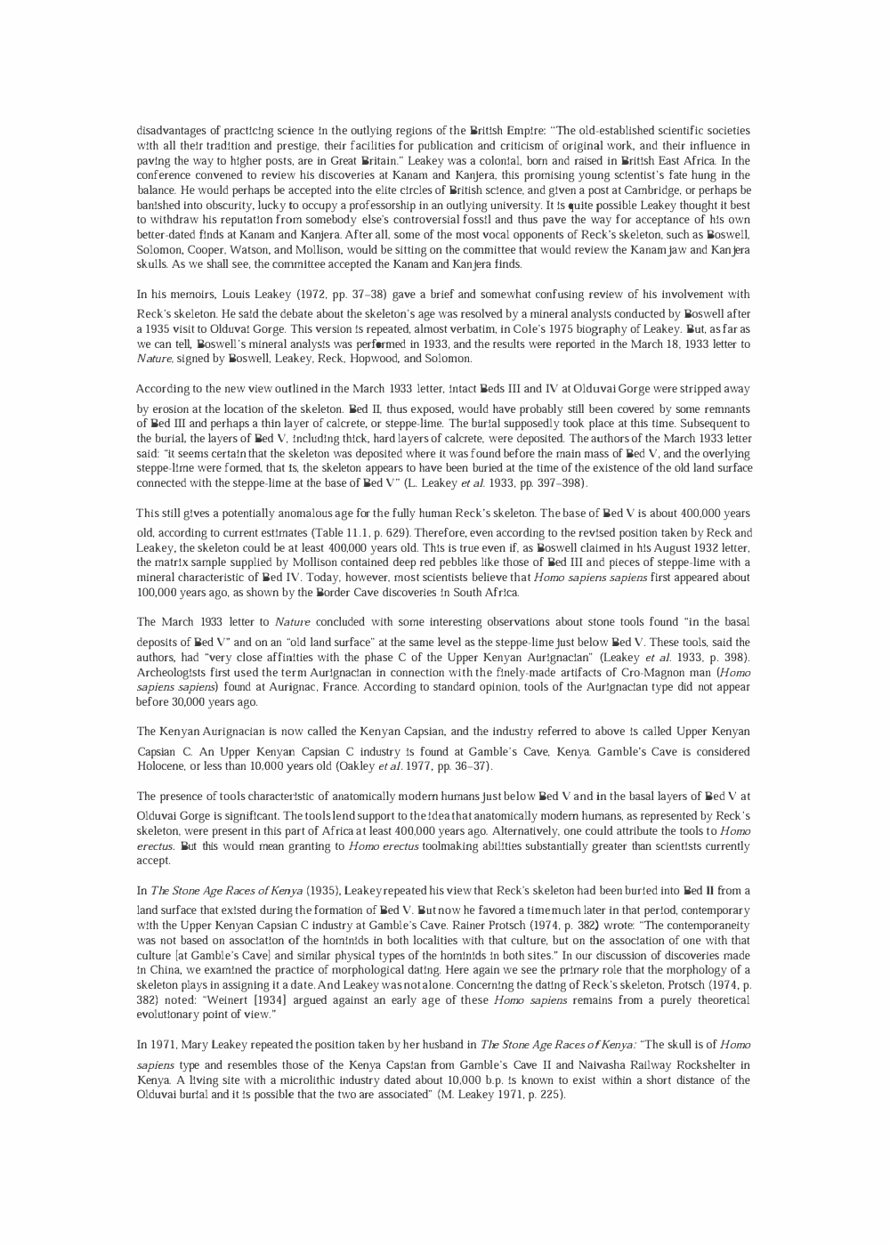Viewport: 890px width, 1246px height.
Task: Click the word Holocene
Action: tap(160, 766)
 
